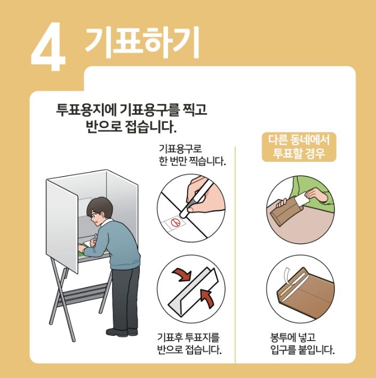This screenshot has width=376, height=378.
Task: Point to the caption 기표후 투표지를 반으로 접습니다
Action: point(188,343)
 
